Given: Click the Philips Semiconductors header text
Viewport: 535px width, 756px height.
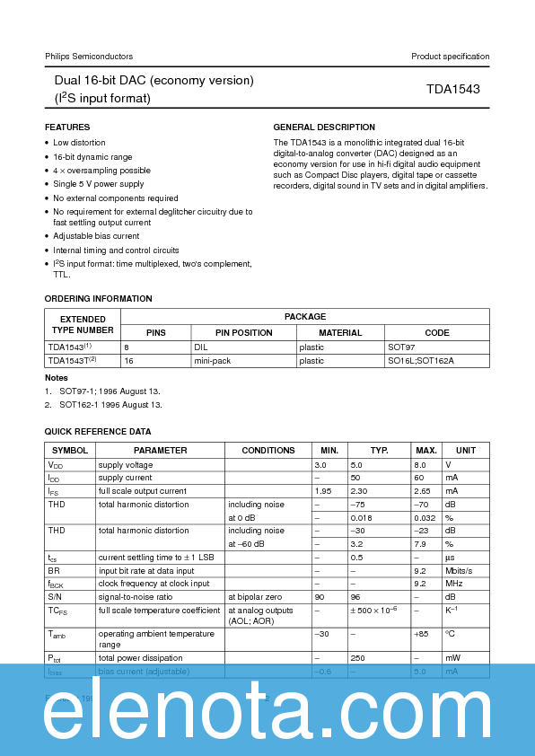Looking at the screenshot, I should pos(89,57).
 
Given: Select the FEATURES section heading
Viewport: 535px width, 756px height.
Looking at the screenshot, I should pos(67,127).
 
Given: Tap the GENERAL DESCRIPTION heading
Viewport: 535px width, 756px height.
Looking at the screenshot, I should pos(324,127).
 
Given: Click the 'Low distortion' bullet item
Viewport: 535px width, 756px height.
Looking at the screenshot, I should pos(79,143).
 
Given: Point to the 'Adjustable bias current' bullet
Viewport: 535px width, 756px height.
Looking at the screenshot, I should pos(96,236).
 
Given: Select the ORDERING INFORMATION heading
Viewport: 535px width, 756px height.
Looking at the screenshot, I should pos(99,299).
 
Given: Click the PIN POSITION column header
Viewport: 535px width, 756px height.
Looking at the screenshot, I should pos(243,332).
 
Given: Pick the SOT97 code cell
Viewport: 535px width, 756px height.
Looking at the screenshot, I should pos(401,347).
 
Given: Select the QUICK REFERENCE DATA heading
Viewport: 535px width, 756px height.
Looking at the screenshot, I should pos(98,432).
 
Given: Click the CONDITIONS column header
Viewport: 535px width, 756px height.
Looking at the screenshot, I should pos(267,450).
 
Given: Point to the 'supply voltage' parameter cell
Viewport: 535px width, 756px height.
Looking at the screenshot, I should pos(126,465).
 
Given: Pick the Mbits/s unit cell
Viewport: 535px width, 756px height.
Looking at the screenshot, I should pos(461,570).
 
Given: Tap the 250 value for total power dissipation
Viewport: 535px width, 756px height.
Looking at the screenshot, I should pos(355,657).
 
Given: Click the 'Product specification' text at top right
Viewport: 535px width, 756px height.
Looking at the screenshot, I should pos(450,57).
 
